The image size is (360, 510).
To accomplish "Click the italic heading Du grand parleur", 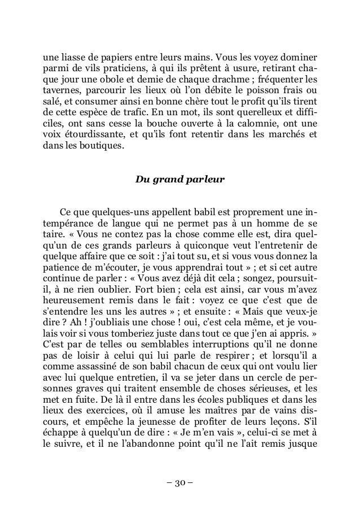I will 180,181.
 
